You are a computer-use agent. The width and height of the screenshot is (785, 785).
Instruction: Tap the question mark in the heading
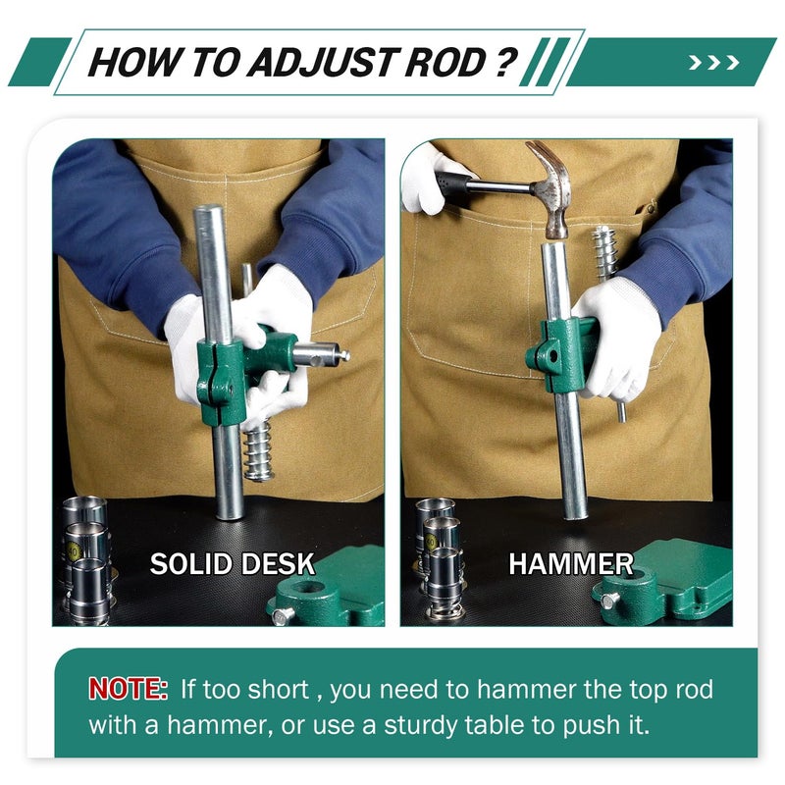(506, 62)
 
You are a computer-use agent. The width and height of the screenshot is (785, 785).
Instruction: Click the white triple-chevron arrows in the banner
(714, 63)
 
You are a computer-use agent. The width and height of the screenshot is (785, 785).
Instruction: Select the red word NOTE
(129, 689)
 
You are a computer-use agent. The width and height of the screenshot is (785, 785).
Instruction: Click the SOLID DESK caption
(233, 564)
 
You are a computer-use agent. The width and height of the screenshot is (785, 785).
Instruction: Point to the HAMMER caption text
(571, 564)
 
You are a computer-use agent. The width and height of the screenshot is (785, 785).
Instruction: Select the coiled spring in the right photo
(605, 253)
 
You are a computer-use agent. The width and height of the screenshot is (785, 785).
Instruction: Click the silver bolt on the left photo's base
(283, 615)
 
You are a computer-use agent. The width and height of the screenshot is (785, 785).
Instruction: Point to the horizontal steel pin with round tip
(322, 354)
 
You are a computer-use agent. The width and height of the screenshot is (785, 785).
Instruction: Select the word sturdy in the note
(420, 725)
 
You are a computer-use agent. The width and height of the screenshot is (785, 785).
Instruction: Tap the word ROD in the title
(445, 62)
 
